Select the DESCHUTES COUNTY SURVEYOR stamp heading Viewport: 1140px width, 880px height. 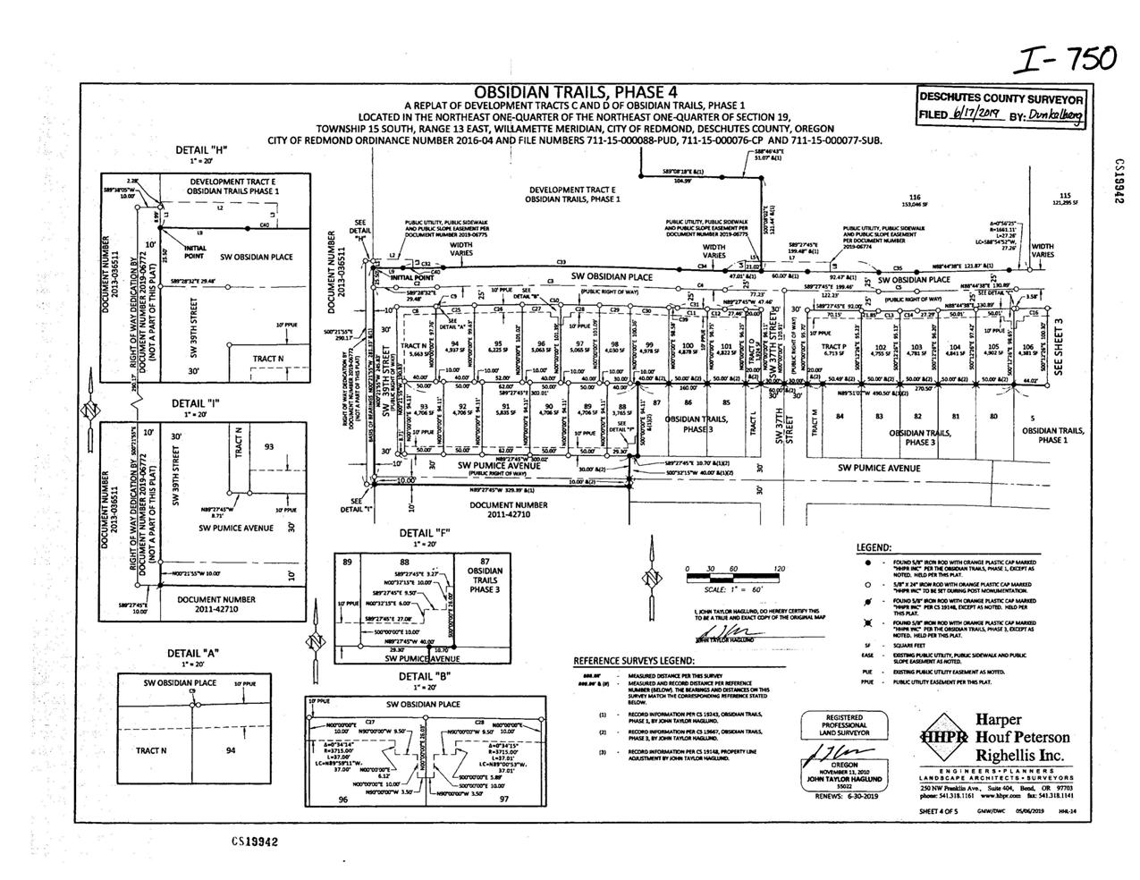1001,98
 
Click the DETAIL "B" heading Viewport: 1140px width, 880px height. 424,676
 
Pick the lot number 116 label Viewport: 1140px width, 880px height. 915,197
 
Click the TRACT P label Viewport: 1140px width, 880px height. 832,346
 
